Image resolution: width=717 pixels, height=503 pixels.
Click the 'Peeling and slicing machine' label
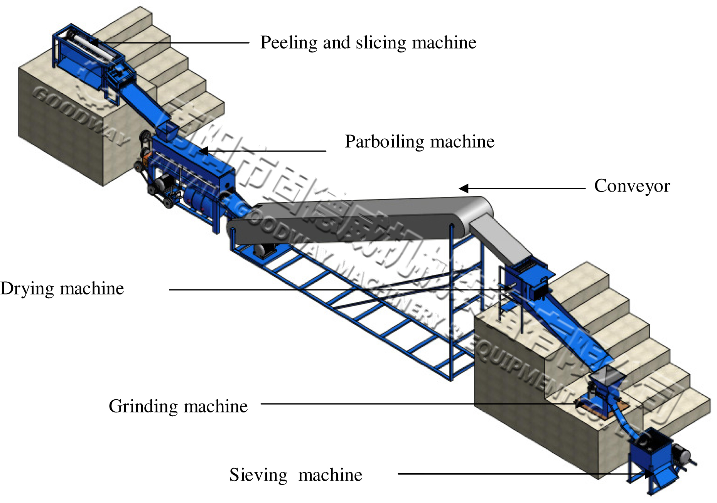point(368,42)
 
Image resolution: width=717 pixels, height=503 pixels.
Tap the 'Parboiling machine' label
point(419,141)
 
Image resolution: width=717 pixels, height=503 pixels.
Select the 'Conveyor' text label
point(632,186)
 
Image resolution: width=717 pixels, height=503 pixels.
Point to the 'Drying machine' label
point(62,288)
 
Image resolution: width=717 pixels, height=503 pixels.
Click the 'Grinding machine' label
point(178,406)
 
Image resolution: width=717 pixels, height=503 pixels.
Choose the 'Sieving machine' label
point(295,475)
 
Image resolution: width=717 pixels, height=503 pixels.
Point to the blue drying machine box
point(526,283)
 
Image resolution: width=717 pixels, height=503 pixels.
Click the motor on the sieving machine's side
point(683,455)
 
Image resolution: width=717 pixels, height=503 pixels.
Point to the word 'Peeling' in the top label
point(288,42)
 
